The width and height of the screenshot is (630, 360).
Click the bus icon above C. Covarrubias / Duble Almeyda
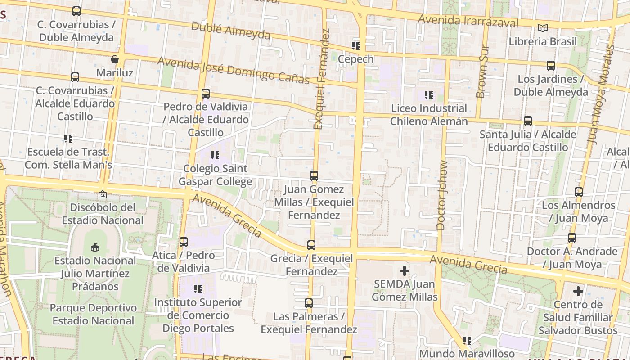click(76, 11)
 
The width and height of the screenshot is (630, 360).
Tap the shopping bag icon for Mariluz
click(115, 59)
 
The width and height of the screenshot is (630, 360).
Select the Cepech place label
click(355, 59)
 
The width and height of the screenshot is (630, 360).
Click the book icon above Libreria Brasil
click(543, 28)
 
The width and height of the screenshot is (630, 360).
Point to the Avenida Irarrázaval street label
click(468, 21)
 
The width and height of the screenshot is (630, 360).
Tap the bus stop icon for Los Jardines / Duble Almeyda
click(551, 66)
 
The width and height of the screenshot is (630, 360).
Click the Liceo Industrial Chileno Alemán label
click(429, 115)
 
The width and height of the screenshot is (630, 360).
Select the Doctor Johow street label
click(442, 195)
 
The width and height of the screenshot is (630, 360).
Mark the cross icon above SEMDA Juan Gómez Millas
click(405, 271)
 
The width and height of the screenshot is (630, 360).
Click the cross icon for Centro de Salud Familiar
click(578, 292)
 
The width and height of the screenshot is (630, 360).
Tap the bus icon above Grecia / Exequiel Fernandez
click(311, 245)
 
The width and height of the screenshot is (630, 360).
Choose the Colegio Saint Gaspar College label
click(215, 175)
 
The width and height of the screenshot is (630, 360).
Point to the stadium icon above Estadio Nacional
click(95, 247)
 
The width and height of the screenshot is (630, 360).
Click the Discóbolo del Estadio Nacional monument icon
click(103, 194)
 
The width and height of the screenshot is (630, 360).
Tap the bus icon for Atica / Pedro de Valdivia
click(184, 242)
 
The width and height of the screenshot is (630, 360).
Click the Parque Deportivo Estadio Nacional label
click(93, 314)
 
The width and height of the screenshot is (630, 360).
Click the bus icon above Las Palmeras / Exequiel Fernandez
click(308, 303)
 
